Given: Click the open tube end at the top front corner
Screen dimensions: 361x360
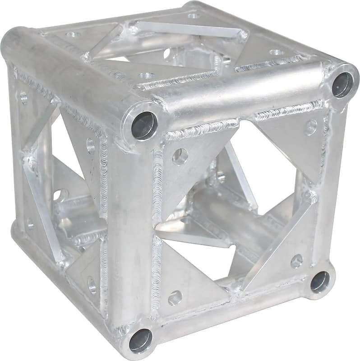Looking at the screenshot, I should coord(144,125).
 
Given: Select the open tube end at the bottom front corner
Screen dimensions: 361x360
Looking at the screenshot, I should coord(141,340).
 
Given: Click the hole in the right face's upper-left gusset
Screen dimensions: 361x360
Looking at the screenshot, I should coord(180,156).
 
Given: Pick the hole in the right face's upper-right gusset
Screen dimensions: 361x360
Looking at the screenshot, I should coord(310,127).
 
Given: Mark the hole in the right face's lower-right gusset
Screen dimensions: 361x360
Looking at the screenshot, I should coord(296,260).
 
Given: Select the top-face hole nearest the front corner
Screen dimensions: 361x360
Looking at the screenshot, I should coord(146,75).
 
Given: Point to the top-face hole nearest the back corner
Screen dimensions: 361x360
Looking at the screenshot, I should coord(193,16).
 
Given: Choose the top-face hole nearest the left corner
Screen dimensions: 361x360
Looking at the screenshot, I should coord(72,34).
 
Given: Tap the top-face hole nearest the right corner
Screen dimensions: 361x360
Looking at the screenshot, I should coord(276,52).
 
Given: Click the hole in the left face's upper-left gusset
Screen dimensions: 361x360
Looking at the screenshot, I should coord(23,97).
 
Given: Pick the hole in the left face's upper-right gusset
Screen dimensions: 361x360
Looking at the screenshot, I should coord(91,145).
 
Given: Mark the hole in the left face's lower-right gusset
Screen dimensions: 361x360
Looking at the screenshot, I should coord(92,284).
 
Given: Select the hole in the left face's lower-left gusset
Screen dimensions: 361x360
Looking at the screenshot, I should coord(30,223).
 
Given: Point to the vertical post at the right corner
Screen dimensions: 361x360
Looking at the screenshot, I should coord(329,180).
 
